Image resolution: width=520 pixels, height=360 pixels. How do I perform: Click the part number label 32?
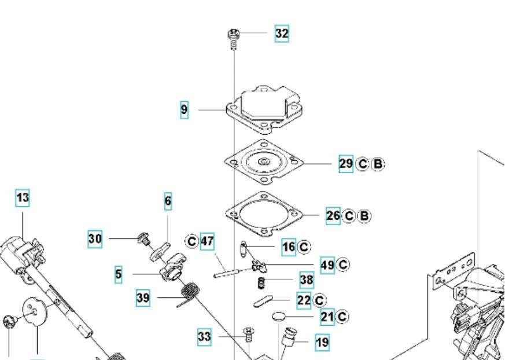[281, 34]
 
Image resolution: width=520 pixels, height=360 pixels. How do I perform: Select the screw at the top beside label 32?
[233, 36]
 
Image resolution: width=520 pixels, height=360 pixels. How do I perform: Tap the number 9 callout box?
[184, 110]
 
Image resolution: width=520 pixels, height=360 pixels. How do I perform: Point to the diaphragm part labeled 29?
[263, 162]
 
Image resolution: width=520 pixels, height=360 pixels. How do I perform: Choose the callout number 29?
[345, 164]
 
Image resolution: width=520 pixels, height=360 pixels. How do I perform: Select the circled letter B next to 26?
[364, 216]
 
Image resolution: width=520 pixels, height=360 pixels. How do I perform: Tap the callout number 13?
[23, 199]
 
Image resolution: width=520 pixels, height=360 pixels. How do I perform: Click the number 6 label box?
[168, 201]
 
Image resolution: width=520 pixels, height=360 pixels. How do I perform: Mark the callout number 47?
[207, 241]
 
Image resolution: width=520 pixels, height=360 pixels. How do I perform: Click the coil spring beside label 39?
[189, 292]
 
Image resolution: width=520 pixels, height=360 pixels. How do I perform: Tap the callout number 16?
[289, 247]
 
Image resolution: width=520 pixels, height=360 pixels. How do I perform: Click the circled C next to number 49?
[343, 265]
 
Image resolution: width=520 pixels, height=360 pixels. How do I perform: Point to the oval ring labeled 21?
[279, 317]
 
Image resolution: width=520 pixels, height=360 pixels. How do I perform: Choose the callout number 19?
[322, 343]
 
